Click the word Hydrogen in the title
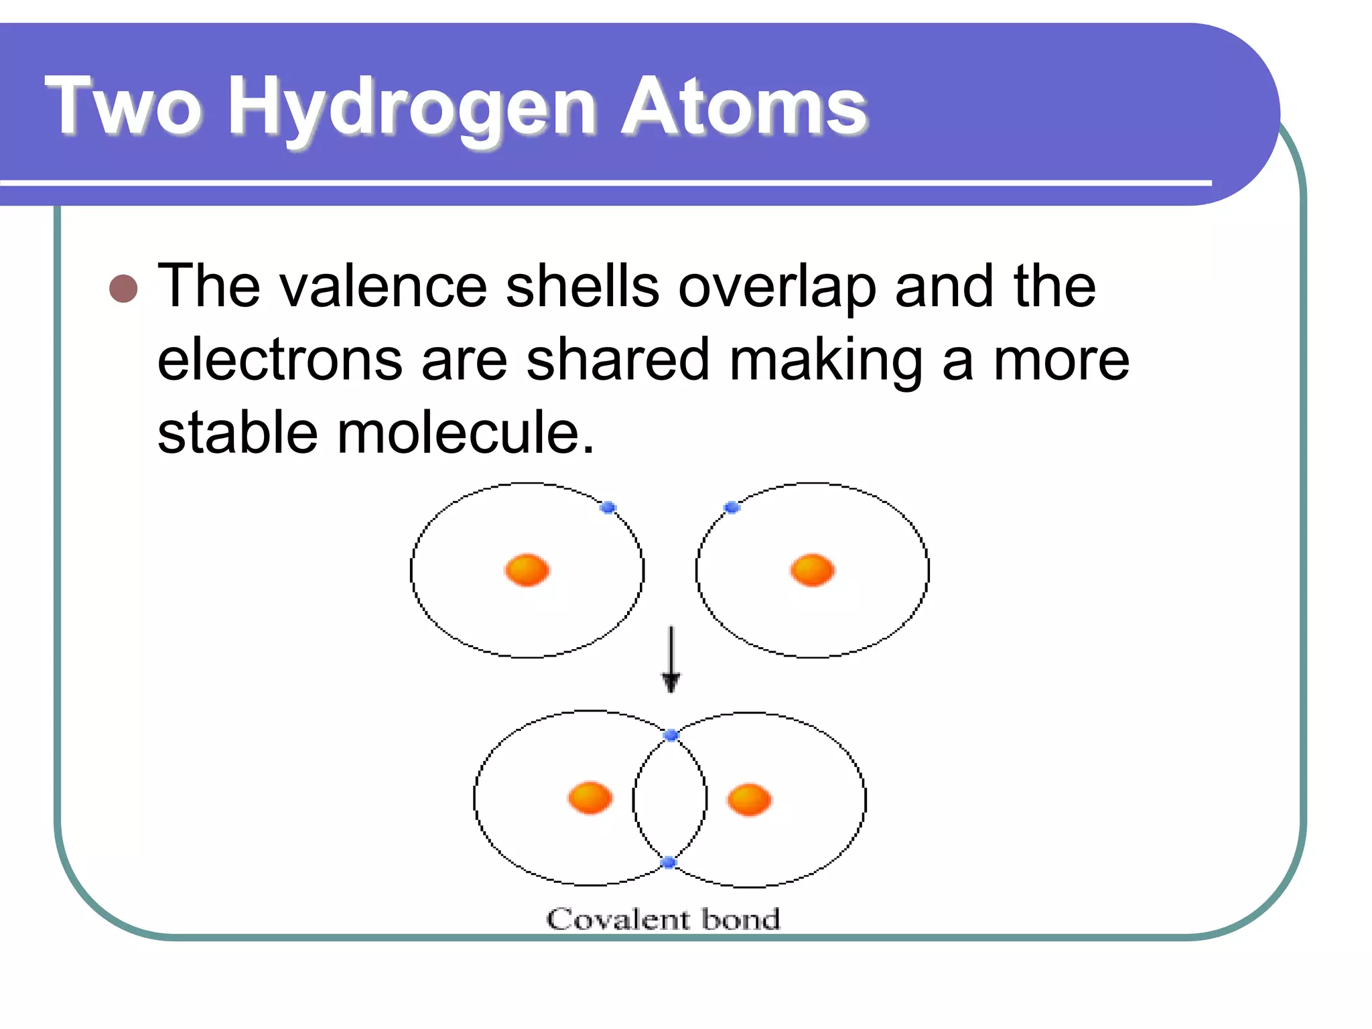point(411,107)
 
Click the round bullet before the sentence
point(123,289)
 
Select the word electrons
point(279,360)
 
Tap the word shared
point(617,360)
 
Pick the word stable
point(237,433)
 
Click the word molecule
point(465,433)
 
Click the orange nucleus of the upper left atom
point(527,570)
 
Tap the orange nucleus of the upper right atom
point(812,570)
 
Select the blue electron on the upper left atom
point(608,508)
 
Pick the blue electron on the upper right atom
point(732,508)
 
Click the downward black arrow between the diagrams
point(671,660)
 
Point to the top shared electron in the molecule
point(671,736)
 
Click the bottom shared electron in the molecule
point(668,862)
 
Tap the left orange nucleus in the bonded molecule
point(590,798)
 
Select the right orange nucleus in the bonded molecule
point(749,800)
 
